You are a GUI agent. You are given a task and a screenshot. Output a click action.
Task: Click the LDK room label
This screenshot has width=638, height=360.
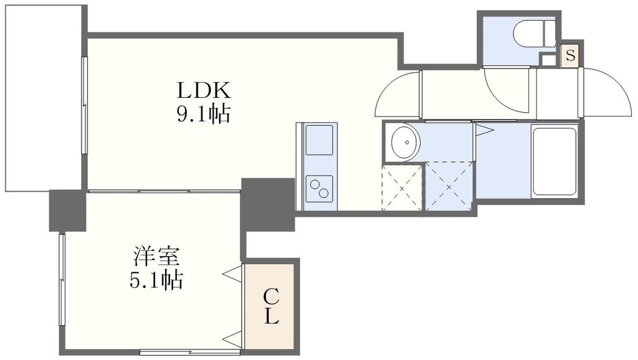click(x=204, y=91)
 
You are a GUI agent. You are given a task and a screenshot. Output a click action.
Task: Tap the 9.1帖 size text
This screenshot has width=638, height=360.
click(x=204, y=114)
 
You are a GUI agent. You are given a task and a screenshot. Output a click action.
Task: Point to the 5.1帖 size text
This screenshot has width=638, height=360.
click(x=156, y=280)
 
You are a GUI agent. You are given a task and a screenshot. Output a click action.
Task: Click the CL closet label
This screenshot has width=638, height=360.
click(x=270, y=305)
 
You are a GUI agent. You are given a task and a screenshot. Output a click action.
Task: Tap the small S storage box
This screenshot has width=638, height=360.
click(x=570, y=55)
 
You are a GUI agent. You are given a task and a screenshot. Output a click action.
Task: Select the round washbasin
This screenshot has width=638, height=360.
click(x=402, y=141)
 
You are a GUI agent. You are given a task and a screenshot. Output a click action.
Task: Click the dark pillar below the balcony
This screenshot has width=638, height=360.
click(x=67, y=210)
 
